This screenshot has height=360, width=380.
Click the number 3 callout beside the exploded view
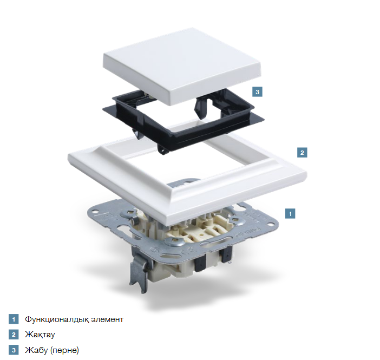(257, 92)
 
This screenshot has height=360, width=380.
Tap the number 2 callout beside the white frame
(302, 153)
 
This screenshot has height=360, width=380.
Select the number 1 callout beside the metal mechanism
(290, 214)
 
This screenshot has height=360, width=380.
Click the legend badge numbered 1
(14, 319)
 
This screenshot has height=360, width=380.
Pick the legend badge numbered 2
(14, 335)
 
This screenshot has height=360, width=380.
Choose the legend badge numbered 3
(14, 350)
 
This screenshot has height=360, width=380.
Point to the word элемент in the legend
(107, 319)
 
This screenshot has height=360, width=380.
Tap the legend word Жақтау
(40, 335)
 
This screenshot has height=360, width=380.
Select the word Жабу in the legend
(36, 350)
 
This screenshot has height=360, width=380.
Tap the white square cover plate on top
(182, 66)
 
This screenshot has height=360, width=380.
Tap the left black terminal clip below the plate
(200, 263)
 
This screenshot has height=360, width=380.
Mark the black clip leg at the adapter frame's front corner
(163, 149)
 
